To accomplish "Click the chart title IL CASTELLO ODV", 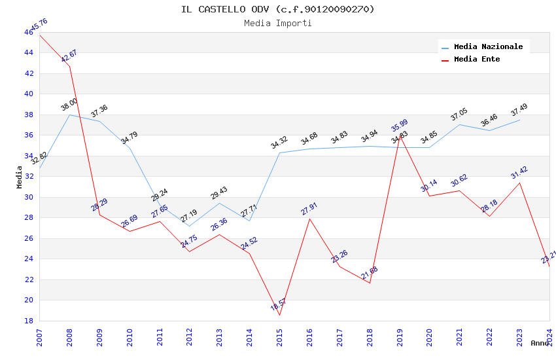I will click(278, 9).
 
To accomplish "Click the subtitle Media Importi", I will click(278, 23).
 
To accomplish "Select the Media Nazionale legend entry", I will click(488, 46).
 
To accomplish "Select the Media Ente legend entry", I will click(477, 59).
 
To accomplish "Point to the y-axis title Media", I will click(20, 176).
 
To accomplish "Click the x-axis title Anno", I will click(540, 343).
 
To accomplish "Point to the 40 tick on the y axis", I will click(29, 94).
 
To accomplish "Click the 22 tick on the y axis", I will click(29, 279).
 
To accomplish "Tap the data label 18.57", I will click(279, 304).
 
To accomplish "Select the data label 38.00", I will click(69, 104).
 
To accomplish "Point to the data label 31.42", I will click(519, 173).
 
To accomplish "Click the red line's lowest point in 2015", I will click(279, 315).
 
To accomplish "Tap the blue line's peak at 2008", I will click(70, 115).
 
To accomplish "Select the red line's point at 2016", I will click(309, 219).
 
